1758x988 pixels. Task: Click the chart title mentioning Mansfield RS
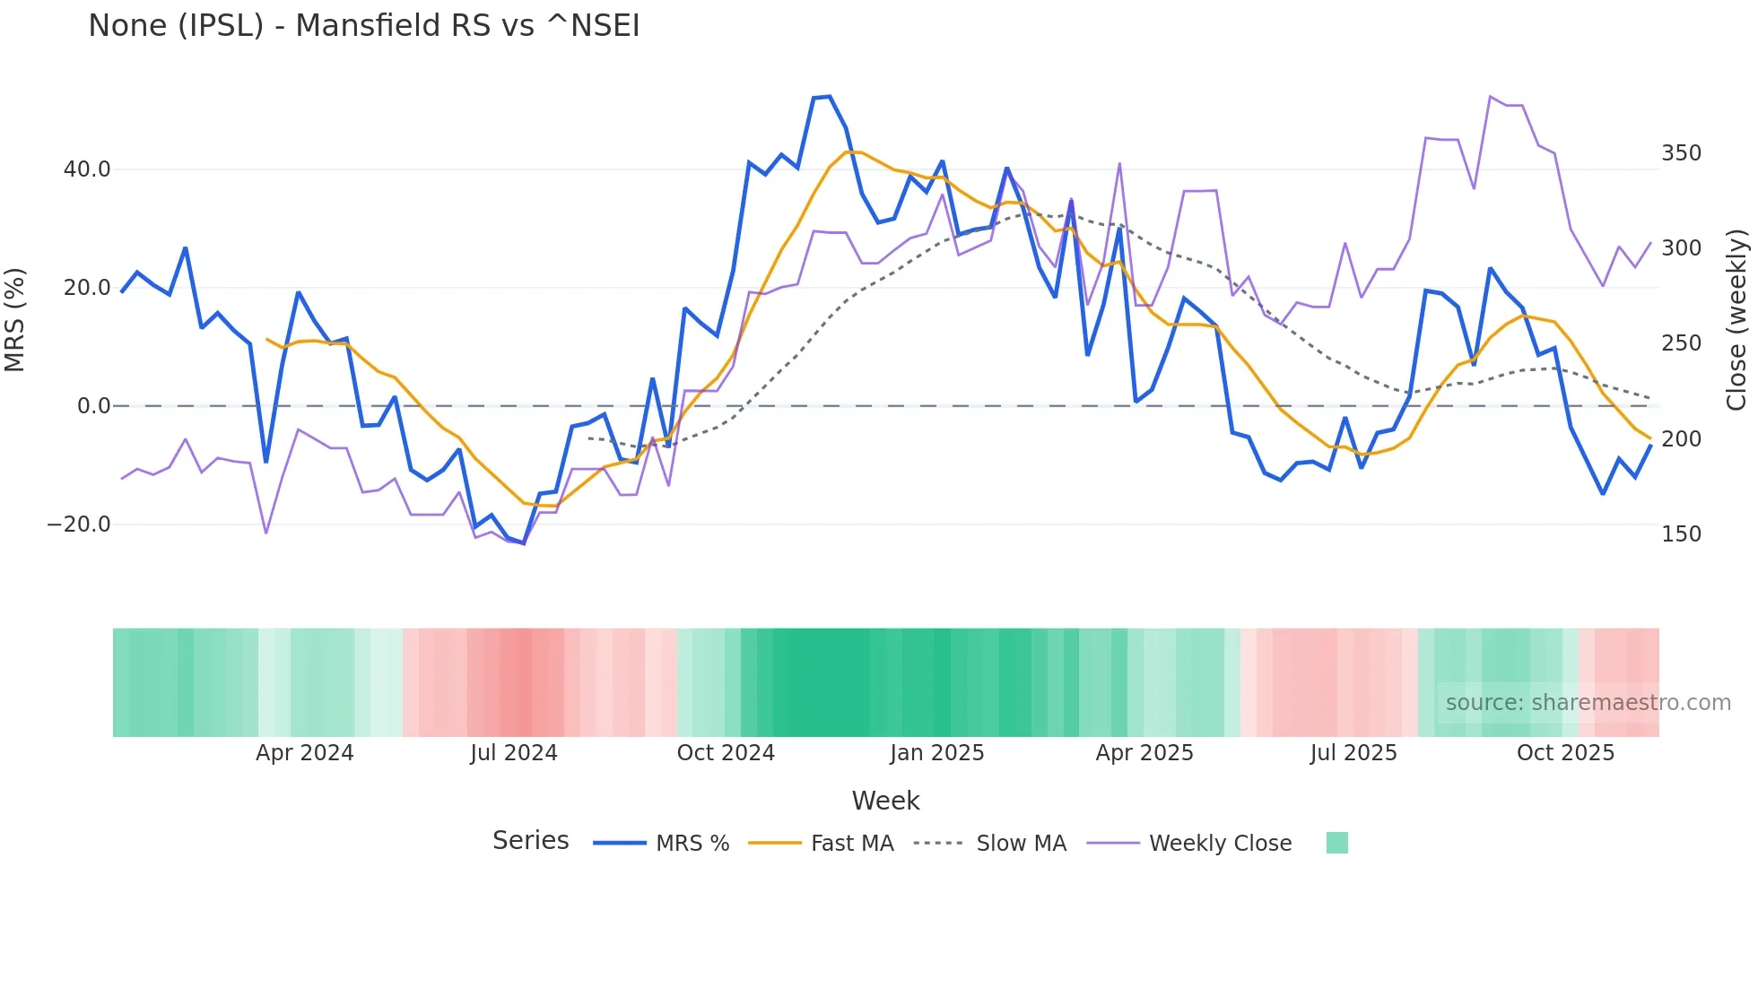click(x=364, y=25)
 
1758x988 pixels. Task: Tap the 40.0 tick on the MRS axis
click(x=87, y=169)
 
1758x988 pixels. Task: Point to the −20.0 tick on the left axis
click(x=79, y=524)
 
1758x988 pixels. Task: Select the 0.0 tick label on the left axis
click(x=93, y=406)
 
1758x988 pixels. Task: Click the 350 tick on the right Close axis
click(x=1681, y=153)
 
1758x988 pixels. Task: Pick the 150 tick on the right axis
click(x=1681, y=534)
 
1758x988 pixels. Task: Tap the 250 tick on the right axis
click(x=1681, y=343)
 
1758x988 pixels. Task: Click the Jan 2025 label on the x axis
click(x=936, y=753)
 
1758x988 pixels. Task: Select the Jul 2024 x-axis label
click(x=513, y=753)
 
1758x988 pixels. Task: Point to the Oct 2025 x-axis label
click(x=1565, y=753)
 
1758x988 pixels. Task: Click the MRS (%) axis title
click(x=15, y=320)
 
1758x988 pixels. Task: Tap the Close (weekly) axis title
click(x=1737, y=320)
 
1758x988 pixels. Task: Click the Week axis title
click(x=885, y=801)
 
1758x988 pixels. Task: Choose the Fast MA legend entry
click(x=851, y=844)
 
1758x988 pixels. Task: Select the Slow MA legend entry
click(x=1021, y=844)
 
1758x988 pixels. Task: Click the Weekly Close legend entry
click(x=1220, y=844)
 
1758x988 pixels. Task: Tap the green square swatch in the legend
click(x=1336, y=843)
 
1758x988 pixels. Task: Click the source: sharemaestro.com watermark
click(x=1588, y=703)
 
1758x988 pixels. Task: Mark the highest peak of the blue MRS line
click(x=829, y=97)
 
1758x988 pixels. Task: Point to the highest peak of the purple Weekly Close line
click(x=1490, y=96)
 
